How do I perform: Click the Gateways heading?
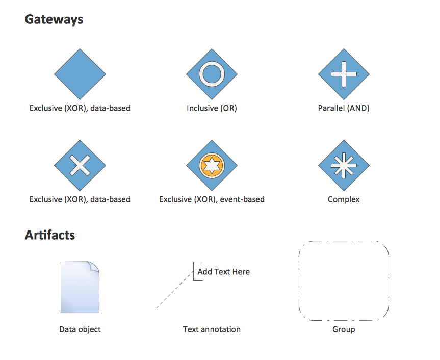pos(54,20)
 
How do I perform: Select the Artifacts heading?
pos(50,235)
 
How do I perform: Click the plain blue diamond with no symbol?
pos(80,74)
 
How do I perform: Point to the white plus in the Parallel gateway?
pos(344,74)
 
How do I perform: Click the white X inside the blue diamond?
pos(80,166)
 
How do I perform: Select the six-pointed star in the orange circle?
pos(212,165)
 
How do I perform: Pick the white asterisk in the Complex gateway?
pos(344,166)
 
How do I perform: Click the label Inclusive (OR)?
pos(212,108)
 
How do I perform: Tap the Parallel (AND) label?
pos(344,108)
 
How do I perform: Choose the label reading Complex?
pos(344,199)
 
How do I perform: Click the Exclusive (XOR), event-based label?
pos(212,199)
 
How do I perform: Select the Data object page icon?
pos(80,287)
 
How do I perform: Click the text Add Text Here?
pos(224,272)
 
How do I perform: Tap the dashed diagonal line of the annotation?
pos(174,290)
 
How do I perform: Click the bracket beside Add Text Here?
pos(194,271)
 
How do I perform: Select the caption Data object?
pos(80,329)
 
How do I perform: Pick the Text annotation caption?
pos(212,329)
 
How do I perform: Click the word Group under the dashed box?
pos(344,329)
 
